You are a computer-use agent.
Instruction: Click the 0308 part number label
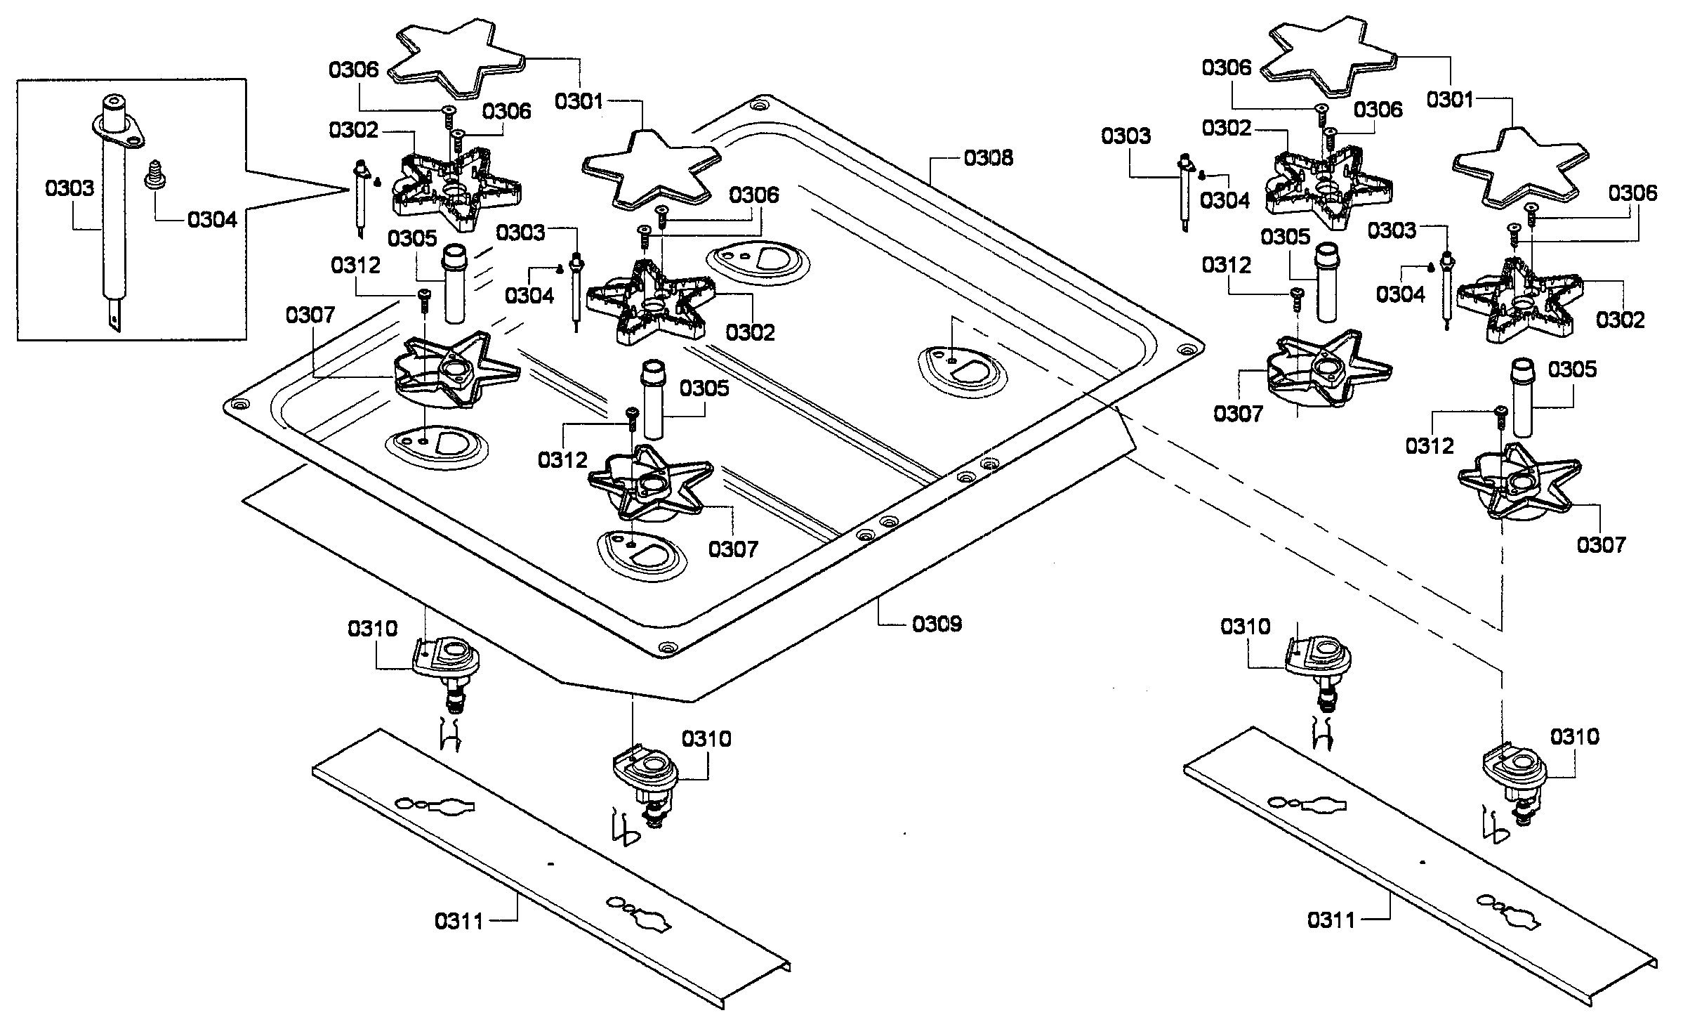[x=989, y=158]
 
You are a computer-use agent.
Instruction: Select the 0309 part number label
[x=937, y=624]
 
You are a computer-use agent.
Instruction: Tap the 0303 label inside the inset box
[x=70, y=188]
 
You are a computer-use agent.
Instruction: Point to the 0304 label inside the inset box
[x=212, y=220]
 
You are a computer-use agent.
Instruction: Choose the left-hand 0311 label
[x=460, y=921]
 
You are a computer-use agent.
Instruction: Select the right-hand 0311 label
[x=1332, y=920]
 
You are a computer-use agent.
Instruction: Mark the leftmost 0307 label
[x=310, y=315]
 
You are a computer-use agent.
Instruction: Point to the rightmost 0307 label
[x=1602, y=544]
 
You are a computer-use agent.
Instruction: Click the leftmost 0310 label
[x=373, y=628]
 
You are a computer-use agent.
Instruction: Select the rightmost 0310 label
[x=1575, y=737]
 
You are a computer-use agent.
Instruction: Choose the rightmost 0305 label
[x=1571, y=369]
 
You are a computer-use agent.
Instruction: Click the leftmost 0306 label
[x=354, y=70]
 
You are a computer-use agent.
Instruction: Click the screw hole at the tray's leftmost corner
[x=240, y=405]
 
